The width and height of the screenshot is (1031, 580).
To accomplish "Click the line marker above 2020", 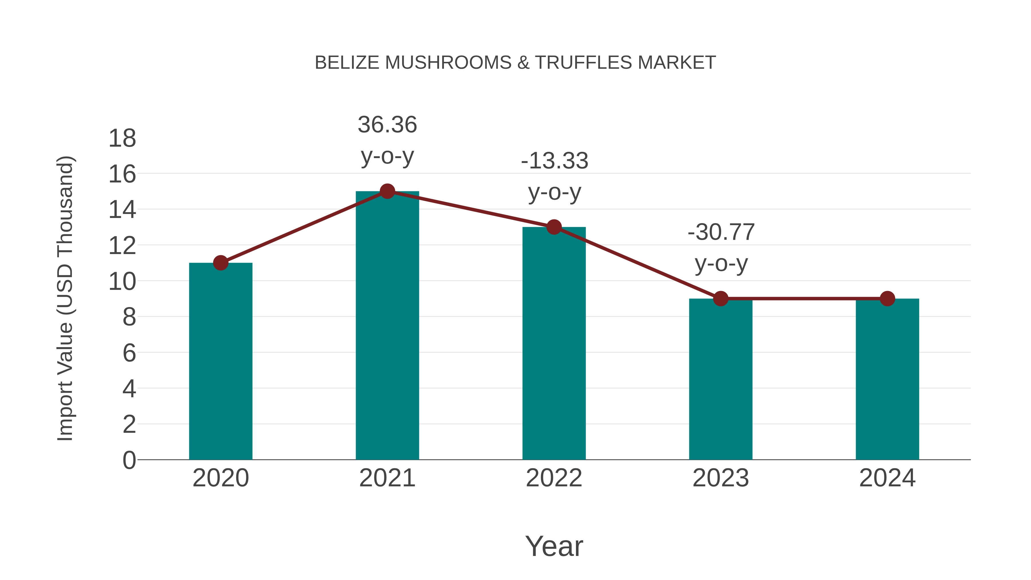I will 221,263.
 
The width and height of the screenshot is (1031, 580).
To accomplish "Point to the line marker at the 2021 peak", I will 387,191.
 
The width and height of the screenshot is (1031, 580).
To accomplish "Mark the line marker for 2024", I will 887,299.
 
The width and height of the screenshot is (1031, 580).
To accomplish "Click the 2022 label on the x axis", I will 554,478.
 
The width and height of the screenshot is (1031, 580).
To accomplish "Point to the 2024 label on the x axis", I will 887,478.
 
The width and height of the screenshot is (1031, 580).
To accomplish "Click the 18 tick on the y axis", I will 122,139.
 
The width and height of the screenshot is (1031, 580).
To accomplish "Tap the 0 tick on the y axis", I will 129,460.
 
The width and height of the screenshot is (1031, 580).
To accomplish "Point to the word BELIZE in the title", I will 347,63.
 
